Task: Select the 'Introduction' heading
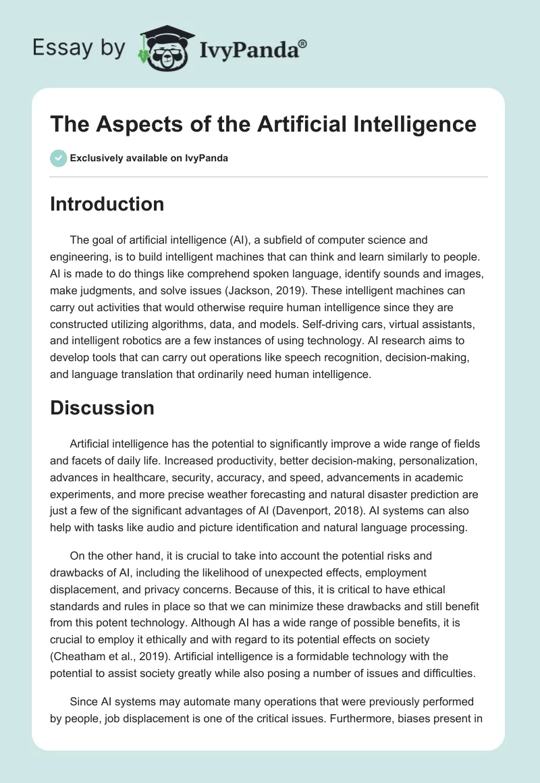tap(107, 205)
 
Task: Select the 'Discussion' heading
tap(102, 408)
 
